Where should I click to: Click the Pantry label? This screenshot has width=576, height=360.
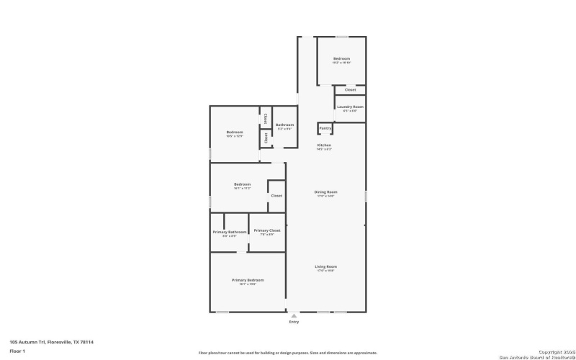[x=325, y=128]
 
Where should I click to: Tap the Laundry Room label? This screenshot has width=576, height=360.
[x=350, y=107]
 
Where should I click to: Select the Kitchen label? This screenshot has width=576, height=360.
[x=325, y=145]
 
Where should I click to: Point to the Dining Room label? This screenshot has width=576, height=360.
[x=325, y=192]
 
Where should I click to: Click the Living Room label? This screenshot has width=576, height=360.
[x=325, y=266]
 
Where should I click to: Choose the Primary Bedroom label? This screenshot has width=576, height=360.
[x=247, y=279]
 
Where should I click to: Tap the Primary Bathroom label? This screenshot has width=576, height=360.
[x=230, y=232]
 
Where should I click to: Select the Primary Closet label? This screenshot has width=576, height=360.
[x=266, y=232]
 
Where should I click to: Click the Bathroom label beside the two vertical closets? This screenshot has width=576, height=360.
[x=284, y=125]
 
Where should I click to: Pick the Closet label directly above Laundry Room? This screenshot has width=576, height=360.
[x=350, y=90]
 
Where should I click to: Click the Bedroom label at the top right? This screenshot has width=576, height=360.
[x=341, y=58]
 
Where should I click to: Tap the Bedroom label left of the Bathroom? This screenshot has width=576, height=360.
[x=235, y=132]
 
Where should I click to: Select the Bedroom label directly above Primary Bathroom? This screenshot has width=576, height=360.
[x=242, y=184]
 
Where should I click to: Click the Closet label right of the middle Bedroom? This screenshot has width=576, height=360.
[x=276, y=196]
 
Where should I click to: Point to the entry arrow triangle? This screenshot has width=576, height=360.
[x=293, y=315]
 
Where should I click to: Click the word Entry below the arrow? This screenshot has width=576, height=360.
[x=293, y=322]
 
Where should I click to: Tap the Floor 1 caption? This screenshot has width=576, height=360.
[x=17, y=351]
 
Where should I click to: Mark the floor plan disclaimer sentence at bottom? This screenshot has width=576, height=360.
[x=288, y=353]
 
